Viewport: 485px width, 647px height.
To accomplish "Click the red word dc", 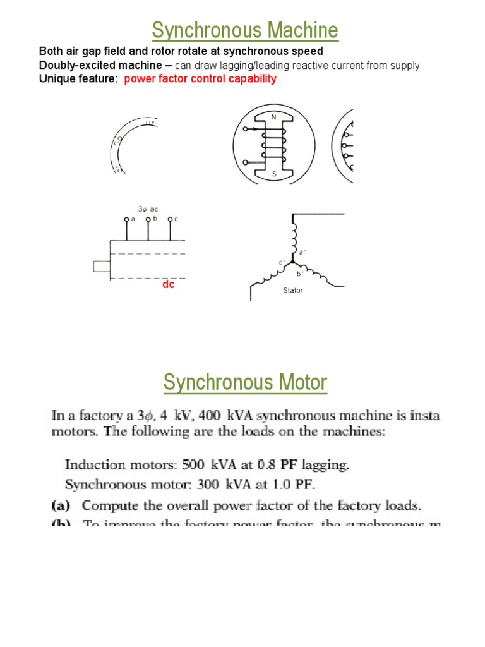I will coord(168,285).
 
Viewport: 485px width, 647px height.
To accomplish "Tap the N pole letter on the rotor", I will coord(273,117).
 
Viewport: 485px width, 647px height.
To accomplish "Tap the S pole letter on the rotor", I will coord(273,173).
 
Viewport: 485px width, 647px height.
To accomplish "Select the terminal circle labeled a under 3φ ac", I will coord(126,219).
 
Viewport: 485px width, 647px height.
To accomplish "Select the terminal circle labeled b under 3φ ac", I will coord(148,219).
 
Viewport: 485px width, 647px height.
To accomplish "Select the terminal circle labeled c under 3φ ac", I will coord(169,219).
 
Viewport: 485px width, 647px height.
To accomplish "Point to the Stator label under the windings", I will coord(293,291).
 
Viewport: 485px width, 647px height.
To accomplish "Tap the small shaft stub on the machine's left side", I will coord(101,266).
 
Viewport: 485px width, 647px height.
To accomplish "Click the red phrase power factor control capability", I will coord(200,79).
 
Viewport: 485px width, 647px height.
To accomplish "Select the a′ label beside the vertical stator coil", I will coord(302,251).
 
